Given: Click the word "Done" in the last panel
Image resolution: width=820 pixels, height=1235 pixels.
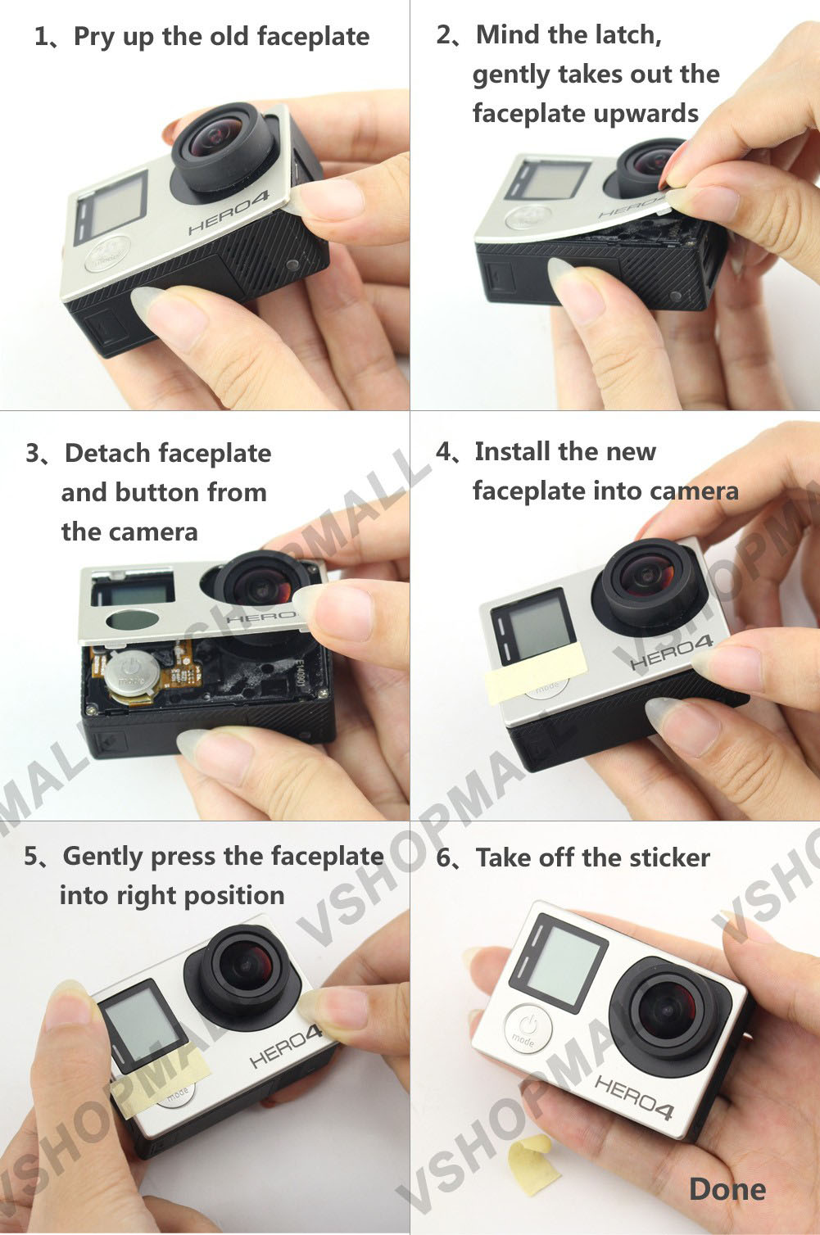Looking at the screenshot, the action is pyautogui.click(x=727, y=1190).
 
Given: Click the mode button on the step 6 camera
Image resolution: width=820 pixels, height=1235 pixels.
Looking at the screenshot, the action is pyautogui.click(x=528, y=1029).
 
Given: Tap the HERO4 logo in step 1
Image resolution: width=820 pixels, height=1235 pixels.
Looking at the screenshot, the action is pyautogui.click(x=228, y=212).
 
